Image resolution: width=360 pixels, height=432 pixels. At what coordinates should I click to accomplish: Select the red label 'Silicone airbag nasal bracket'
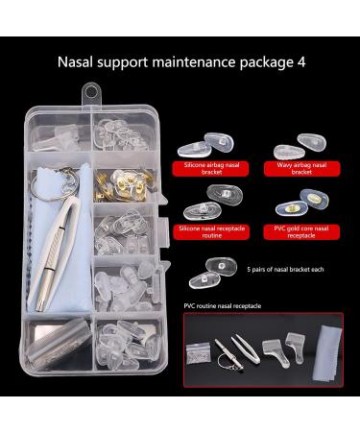pos(208,168)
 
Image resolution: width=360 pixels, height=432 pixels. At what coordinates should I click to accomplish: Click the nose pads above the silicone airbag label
pos(208,143)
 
